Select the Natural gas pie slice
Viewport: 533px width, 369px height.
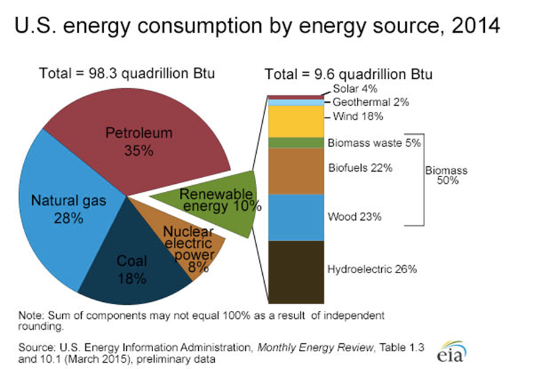coord(55,208)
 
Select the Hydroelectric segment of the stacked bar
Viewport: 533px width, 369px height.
coord(296,271)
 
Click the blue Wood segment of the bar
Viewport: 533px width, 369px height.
coord(296,217)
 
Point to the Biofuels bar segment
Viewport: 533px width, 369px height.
coord(296,170)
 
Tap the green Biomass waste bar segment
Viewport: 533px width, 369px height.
coord(296,142)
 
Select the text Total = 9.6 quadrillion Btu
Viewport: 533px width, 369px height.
coord(349,75)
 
